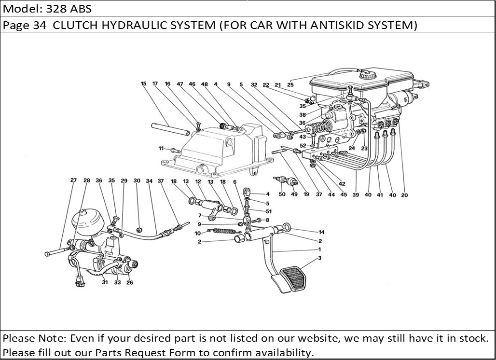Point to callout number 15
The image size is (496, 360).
(x=143, y=83)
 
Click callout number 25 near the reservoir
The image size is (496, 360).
(x=290, y=85)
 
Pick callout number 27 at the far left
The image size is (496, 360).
(x=73, y=180)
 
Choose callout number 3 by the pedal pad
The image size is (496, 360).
(x=319, y=259)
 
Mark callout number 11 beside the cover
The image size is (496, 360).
(x=161, y=148)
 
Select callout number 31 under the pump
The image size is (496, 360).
(x=105, y=283)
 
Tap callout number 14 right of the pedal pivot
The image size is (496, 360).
(x=321, y=232)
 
